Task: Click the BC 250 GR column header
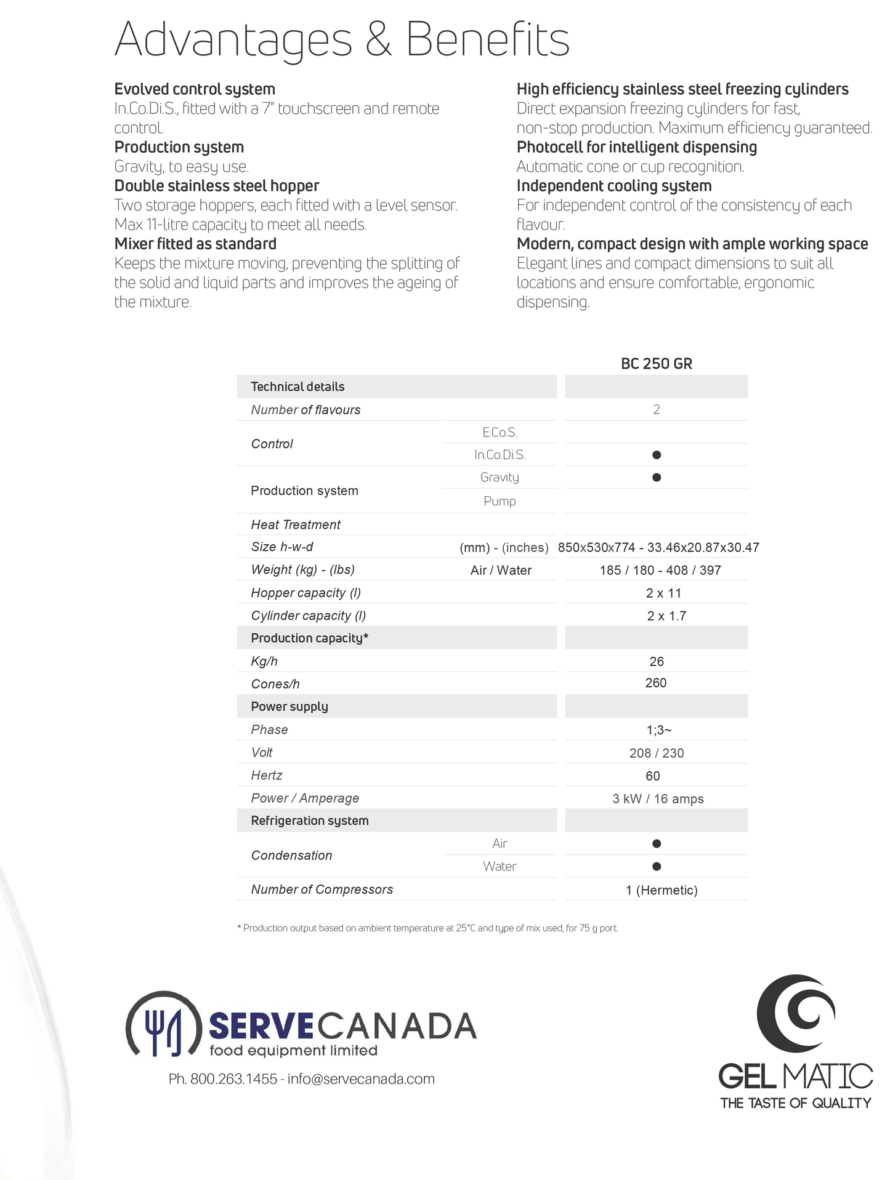[656, 364]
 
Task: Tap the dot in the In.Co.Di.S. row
[657, 455]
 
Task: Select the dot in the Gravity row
[657, 478]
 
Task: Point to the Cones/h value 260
[656, 683]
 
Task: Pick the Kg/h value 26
[657, 662]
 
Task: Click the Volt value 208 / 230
[657, 753]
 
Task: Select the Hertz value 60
[653, 776]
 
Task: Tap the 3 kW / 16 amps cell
[658, 799]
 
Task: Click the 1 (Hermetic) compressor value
[661, 890]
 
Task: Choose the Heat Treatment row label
[296, 524]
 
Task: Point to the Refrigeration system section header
[310, 821]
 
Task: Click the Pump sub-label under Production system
[500, 502]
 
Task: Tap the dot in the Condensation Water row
[657, 867]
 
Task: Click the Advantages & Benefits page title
[342, 39]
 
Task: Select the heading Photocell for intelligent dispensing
[637, 147]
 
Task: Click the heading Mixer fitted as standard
[195, 244]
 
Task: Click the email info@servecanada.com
[362, 1079]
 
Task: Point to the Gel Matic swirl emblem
[796, 1013]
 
